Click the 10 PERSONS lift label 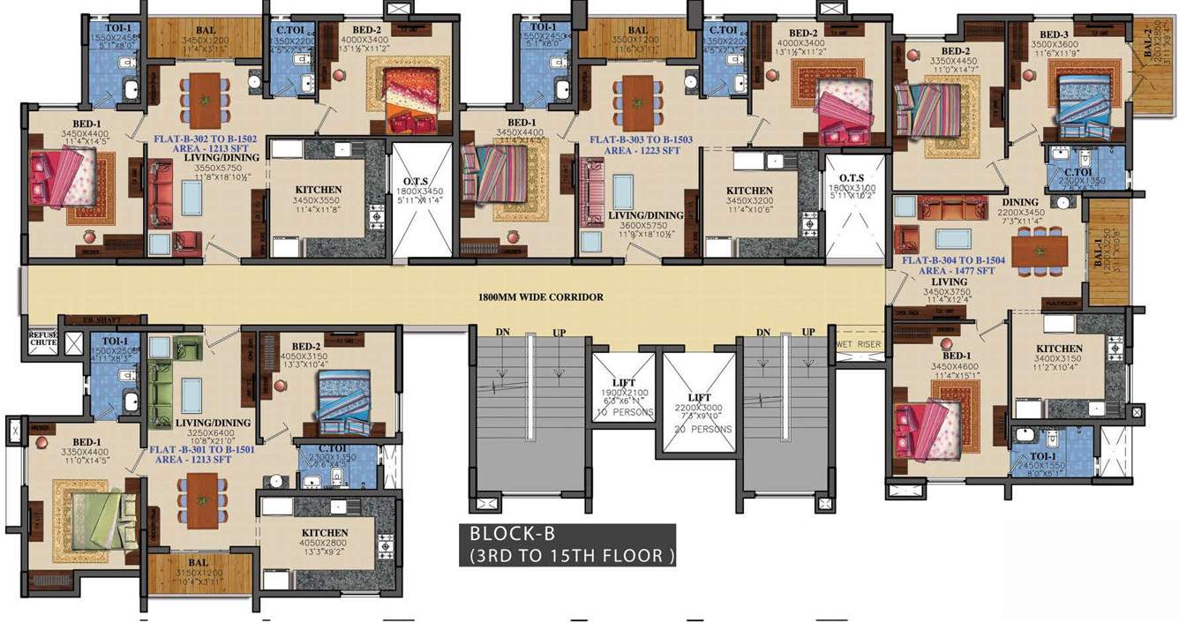624,412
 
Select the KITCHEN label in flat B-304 1059,349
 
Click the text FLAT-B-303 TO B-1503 642,139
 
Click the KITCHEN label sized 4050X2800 324,533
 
